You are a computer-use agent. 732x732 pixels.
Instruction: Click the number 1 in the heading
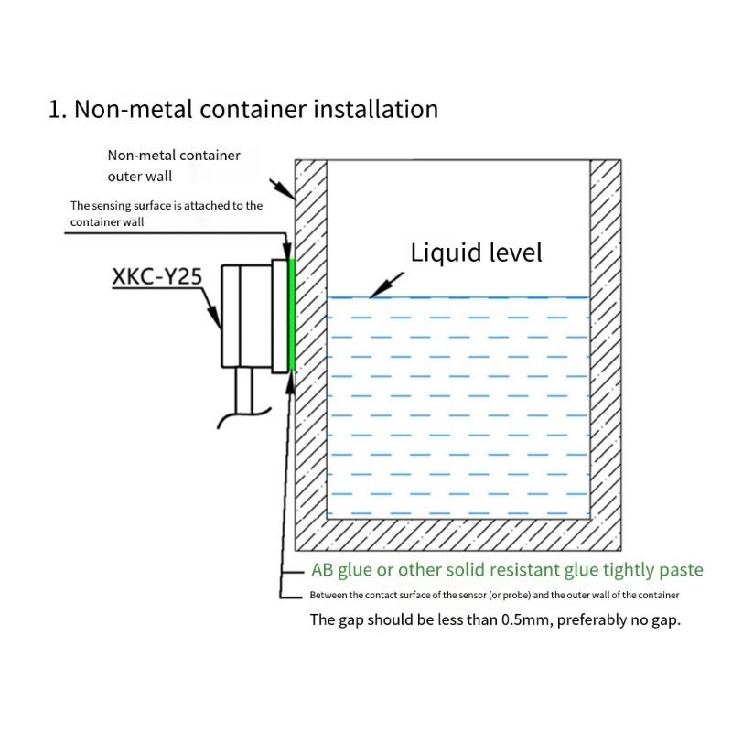(55, 110)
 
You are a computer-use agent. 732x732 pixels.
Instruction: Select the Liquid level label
(476, 252)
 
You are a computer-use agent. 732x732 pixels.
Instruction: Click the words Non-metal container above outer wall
(174, 156)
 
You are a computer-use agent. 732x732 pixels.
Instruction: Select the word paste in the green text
(681, 570)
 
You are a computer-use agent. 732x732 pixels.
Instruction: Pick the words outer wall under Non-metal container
(140, 176)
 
